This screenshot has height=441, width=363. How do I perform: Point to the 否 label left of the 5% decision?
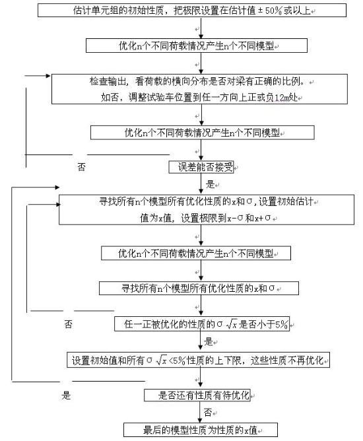[69, 325]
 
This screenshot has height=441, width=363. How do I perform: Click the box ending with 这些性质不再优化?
[199, 360]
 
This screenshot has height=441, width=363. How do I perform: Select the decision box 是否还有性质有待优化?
[198, 395]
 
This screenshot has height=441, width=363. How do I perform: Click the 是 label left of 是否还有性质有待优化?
[65, 396]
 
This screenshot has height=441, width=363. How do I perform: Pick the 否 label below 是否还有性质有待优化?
[207, 413]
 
